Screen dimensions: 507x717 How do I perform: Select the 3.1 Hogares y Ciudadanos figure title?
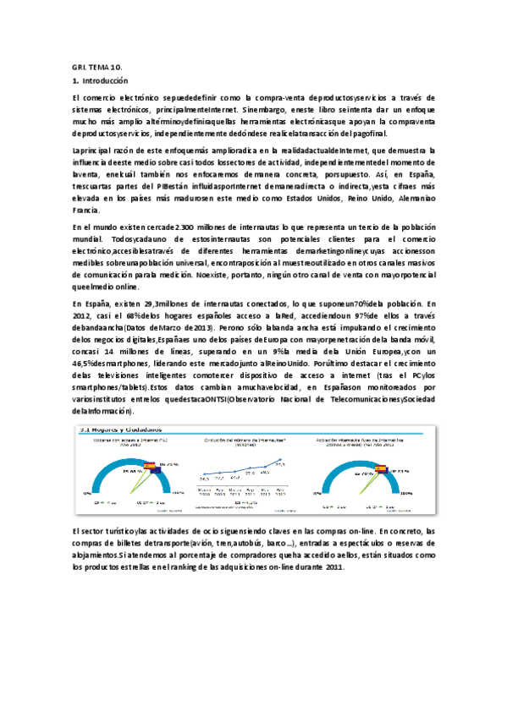point(123,429)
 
